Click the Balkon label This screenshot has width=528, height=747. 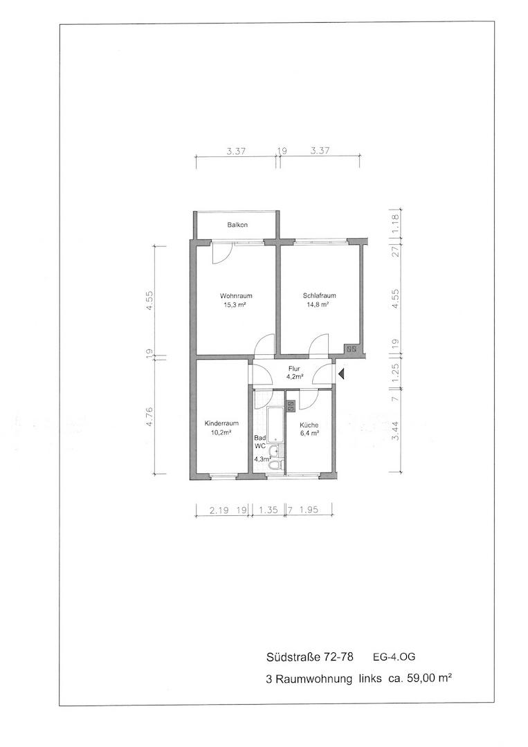pyautogui.click(x=237, y=225)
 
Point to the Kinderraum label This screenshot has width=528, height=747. pyautogui.click(x=221, y=423)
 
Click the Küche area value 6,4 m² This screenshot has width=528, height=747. pyautogui.click(x=309, y=434)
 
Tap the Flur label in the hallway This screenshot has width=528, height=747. pyautogui.click(x=294, y=369)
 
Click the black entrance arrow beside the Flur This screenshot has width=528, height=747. pyautogui.click(x=341, y=375)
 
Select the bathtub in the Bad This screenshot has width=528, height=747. pyautogui.click(x=275, y=425)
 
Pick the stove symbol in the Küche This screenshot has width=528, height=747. pyautogui.click(x=291, y=406)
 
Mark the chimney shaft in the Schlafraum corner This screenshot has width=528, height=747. pyautogui.click(x=353, y=349)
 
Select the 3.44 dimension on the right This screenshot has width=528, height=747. pyautogui.click(x=396, y=432)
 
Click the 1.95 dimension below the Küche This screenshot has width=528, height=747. pyautogui.click(x=309, y=510)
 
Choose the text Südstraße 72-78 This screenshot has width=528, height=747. pyautogui.click(x=310, y=657)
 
